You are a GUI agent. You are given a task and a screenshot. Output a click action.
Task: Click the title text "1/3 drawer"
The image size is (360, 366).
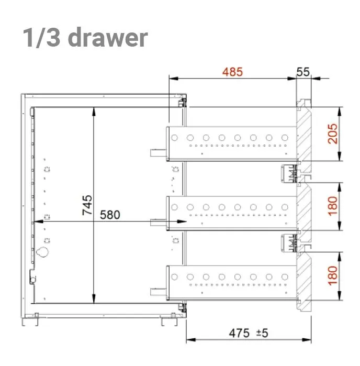pyautogui.click(x=85, y=37)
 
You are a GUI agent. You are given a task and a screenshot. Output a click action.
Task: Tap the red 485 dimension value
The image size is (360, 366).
pyautogui.click(x=232, y=72)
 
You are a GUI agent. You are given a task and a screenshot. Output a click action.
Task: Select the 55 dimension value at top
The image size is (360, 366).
pyautogui.click(x=303, y=72)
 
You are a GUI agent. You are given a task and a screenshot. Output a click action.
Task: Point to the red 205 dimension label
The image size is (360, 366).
pyautogui.click(x=333, y=134)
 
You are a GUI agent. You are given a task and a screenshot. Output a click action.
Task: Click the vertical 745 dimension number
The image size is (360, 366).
pyautogui.click(x=87, y=205)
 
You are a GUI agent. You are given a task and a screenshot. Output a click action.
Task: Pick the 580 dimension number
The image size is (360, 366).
pyautogui.click(x=110, y=215)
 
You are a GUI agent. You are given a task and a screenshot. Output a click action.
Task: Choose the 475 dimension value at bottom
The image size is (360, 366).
pyautogui.click(x=239, y=333)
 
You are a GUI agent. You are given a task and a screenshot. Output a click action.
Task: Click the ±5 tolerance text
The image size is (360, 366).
pyautogui.click(x=262, y=333)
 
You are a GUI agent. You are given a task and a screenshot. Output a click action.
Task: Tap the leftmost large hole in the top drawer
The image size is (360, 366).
pyautogui.click(x=174, y=138)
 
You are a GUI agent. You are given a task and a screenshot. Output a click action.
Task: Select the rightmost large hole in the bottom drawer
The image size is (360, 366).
pyautogui.click(x=285, y=277)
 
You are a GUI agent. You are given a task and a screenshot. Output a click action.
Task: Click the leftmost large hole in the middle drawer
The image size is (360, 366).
pyautogui.click(x=174, y=207)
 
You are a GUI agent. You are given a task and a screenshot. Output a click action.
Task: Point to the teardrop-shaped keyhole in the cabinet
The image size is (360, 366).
pyautogui.click(x=42, y=252)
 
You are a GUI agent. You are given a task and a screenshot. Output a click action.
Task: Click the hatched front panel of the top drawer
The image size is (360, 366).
pyautogui.click(x=304, y=134)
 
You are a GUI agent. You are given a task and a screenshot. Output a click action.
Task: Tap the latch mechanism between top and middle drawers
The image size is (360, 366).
pyautogui.click(x=289, y=173)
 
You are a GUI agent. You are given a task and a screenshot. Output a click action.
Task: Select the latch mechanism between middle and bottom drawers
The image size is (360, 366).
pyautogui.click(x=289, y=243)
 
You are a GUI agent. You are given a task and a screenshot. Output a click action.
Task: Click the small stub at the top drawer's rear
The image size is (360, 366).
pyautogui.click(x=158, y=153)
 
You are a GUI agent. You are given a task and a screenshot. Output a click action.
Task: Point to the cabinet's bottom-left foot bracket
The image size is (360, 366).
pyautogui.click(x=30, y=320)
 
